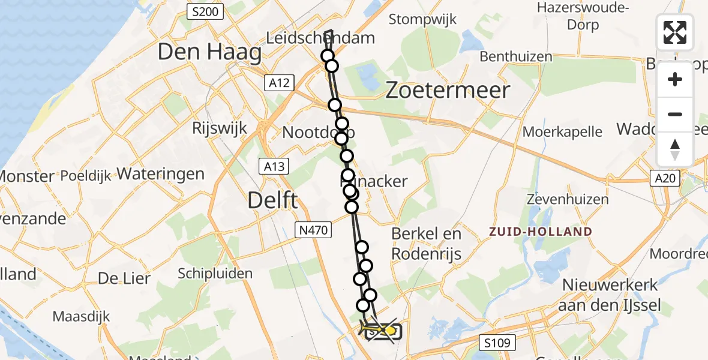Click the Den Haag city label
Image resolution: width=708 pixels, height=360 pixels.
(209, 53)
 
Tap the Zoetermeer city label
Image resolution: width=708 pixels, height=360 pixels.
(448, 90)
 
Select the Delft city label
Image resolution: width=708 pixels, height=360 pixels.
(273, 200)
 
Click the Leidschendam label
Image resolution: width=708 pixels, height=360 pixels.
(329, 38)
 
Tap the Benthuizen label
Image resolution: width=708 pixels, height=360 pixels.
(516, 57)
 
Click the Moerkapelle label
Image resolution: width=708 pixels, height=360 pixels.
(562, 131)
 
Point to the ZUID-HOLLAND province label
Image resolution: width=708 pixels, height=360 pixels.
(541, 231)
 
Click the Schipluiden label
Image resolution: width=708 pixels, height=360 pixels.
(215, 274)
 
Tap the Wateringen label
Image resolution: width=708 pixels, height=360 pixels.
(161, 174)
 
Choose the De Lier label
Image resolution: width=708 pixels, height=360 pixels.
(124, 278)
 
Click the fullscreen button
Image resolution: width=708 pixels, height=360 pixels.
(675, 32)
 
